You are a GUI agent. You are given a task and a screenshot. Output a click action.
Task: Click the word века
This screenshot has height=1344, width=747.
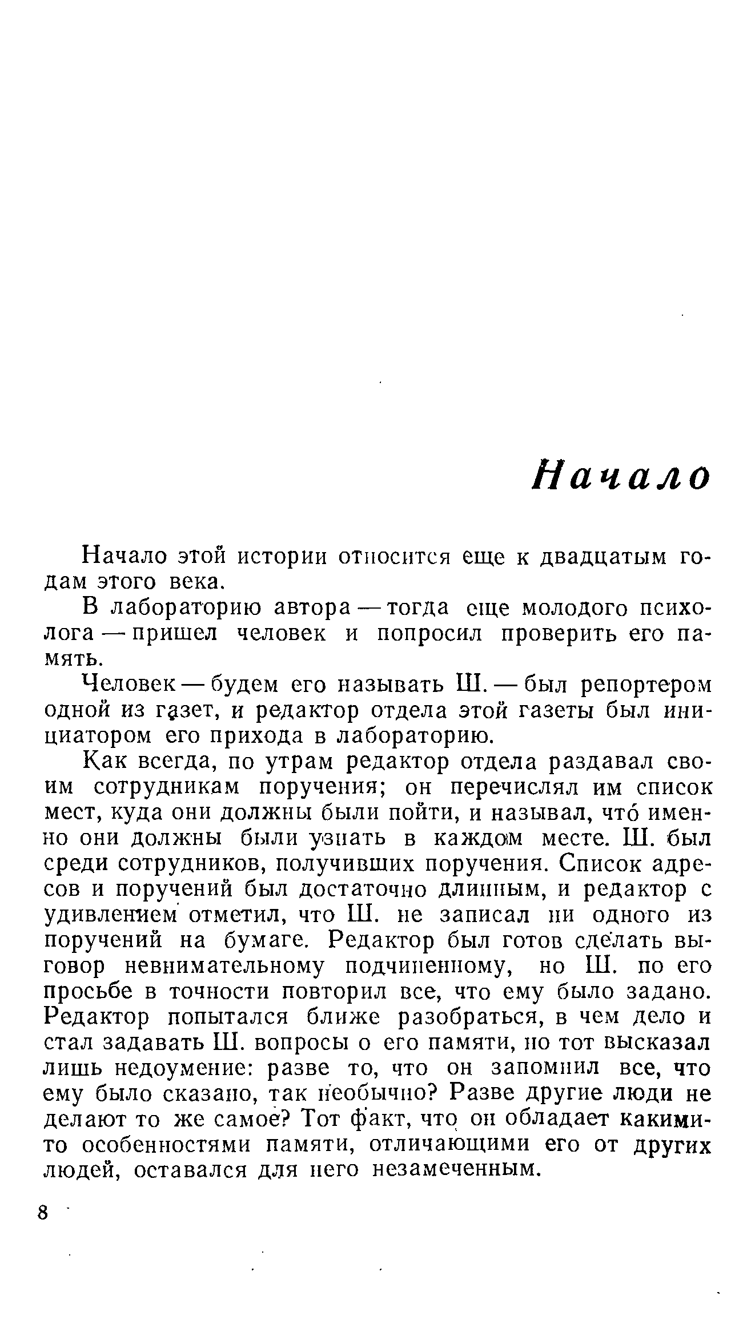pos(195,582)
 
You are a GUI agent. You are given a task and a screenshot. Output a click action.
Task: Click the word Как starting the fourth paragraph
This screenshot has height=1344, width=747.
pos(103,762)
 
